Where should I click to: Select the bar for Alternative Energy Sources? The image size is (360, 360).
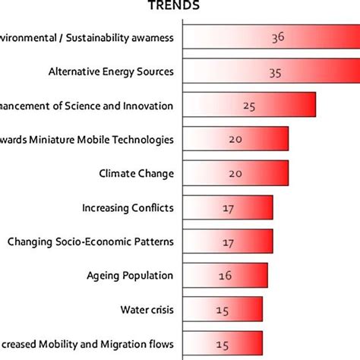(270, 72)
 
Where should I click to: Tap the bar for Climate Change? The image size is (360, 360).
(235, 173)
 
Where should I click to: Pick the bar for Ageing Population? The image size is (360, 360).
(226, 275)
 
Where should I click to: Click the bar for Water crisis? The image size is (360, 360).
(223, 309)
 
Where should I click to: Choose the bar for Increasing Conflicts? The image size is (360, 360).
(228, 207)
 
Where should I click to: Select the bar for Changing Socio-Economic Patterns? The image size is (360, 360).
(228, 242)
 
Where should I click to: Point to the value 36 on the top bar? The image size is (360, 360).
(277, 36)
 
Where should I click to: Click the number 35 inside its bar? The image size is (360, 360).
(275, 73)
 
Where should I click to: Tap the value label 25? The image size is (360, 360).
(249, 106)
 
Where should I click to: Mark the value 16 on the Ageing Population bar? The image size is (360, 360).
(225, 276)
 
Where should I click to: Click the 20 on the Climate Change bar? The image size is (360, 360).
(235, 173)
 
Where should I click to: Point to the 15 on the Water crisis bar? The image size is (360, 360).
(223, 309)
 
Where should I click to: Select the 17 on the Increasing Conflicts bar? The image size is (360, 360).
(228, 207)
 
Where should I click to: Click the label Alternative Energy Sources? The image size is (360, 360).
(111, 72)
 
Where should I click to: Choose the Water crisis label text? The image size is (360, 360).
(147, 309)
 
